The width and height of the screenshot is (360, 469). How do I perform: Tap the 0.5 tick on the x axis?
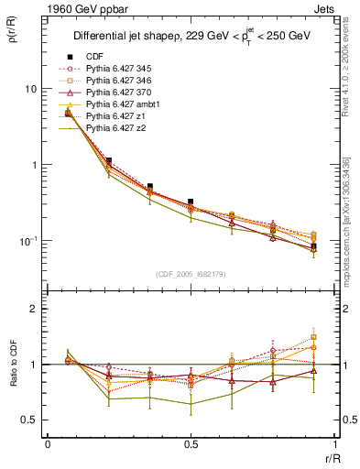tap(191, 446)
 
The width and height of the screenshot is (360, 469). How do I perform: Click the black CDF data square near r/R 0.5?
tap(191, 202)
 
